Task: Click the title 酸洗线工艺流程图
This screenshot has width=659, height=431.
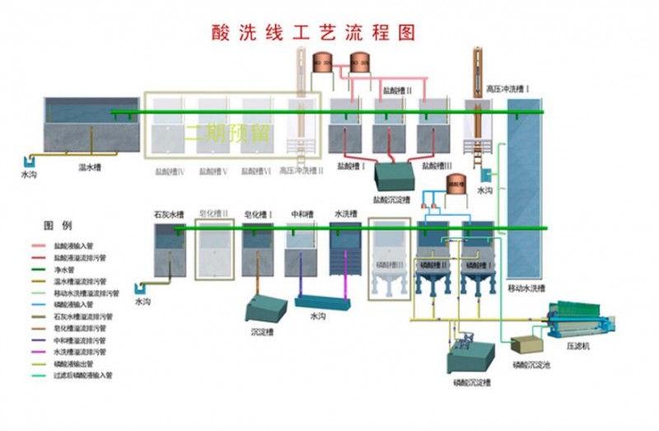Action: (312, 32)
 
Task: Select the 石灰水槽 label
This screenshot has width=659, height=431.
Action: (168, 214)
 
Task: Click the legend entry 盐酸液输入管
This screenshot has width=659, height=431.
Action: (74, 246)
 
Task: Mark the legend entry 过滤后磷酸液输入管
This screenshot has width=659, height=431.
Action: (82, 375)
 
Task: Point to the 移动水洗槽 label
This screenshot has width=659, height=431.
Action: (526, 288)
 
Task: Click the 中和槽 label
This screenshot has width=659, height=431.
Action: (301, 214)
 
